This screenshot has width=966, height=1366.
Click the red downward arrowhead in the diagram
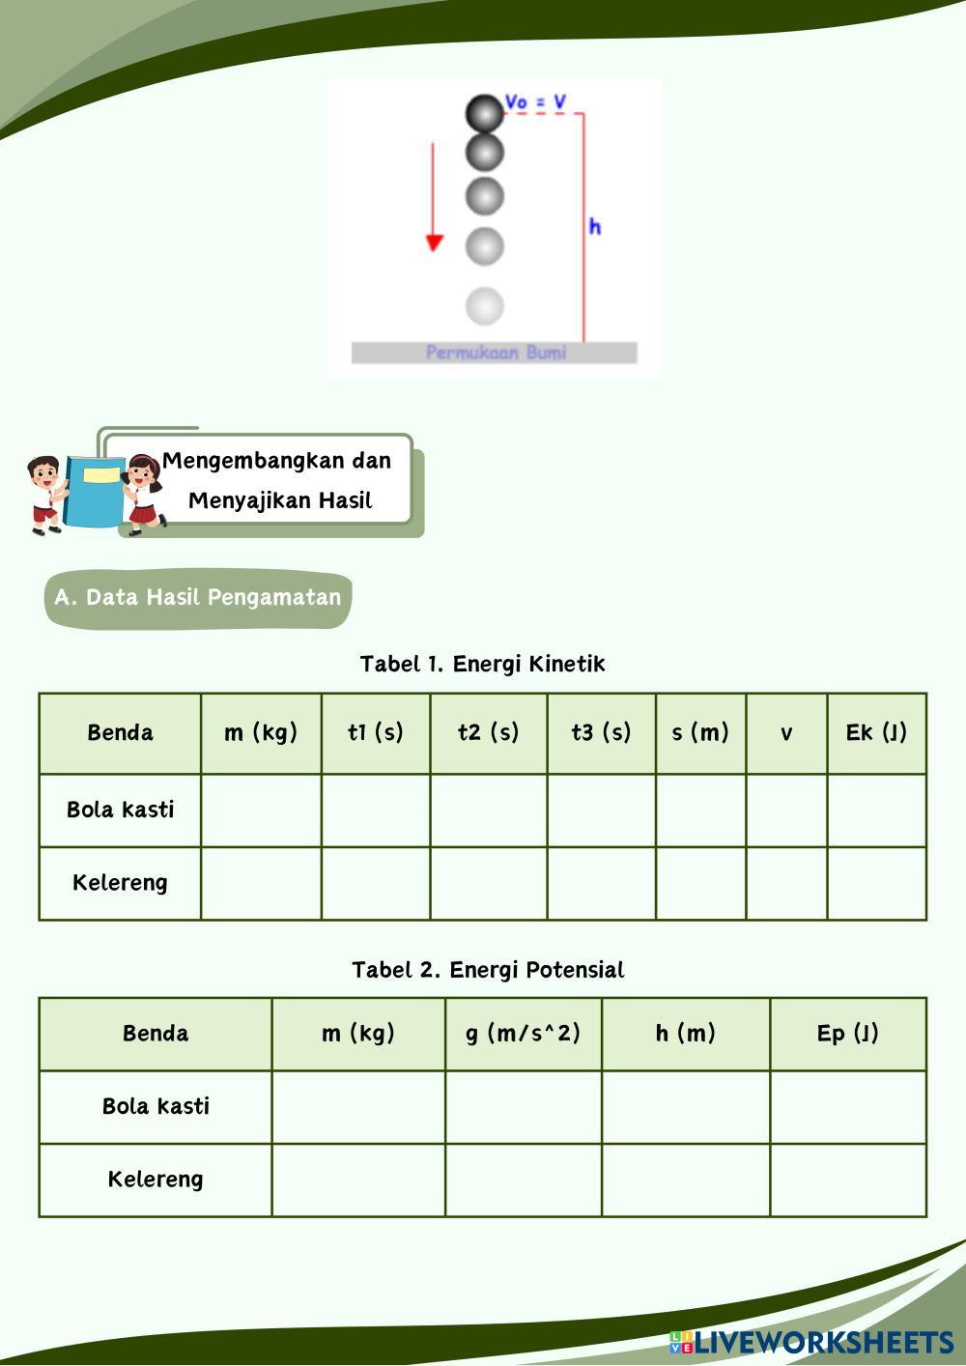coord(434,242)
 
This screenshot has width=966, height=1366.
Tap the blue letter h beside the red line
coord(594,226)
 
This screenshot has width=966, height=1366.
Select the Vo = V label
coord(535,101)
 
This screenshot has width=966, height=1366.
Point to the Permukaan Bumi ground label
coord(495,353)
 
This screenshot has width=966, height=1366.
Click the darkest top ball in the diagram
coord(484,113)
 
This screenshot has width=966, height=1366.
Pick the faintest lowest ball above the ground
coord(484,305)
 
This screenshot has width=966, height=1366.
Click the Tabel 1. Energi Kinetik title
coord(482,664)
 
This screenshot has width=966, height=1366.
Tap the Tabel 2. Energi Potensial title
coord(488,970)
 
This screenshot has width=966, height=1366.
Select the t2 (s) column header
coord(488,732)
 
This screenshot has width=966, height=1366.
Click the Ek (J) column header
coord(876,732)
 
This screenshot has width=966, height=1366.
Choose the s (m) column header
coord(700,732)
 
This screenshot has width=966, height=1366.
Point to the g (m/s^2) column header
coord(523,1034)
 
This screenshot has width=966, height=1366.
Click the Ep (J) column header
coord(847,1034)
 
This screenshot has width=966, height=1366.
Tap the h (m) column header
coord(685,1034)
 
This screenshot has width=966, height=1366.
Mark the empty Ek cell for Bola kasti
coord(876,810)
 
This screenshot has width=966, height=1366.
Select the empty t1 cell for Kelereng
coord(375,883)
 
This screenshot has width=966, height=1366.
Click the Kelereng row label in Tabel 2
coord(155,1180)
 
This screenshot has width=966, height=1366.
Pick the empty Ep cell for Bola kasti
coord(847,1107)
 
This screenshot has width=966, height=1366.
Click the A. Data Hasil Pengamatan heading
coord(198,597)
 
